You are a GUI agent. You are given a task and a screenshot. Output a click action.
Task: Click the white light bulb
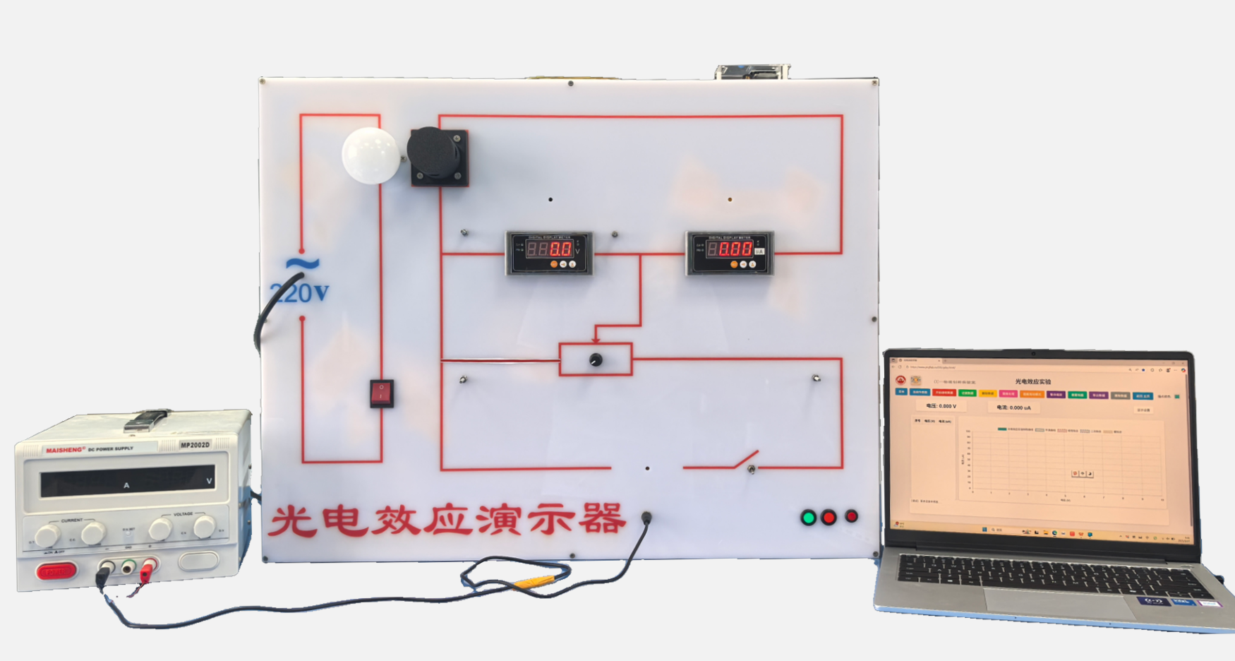click(x=371, y=155)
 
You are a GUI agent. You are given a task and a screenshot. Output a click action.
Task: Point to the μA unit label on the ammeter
click(x=759, y=251)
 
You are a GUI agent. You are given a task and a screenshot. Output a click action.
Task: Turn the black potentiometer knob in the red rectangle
click(x=596, y=359)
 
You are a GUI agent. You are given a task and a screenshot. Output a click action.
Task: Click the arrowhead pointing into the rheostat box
click(x=596, y=340)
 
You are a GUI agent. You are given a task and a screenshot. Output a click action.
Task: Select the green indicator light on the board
click(x=809, y=518)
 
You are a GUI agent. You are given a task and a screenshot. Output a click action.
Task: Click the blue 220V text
click(x=299, y=292)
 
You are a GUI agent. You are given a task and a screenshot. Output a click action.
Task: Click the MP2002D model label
click(x=195, y=445)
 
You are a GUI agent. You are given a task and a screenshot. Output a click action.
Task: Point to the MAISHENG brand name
click(x=65, y=450)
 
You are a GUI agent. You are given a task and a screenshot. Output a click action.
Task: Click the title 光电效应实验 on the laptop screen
click(x=1032, y=381)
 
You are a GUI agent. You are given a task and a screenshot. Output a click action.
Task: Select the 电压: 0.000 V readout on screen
click(x=941, y=406)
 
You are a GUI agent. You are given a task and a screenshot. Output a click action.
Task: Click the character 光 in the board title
click(x=293, y=521)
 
